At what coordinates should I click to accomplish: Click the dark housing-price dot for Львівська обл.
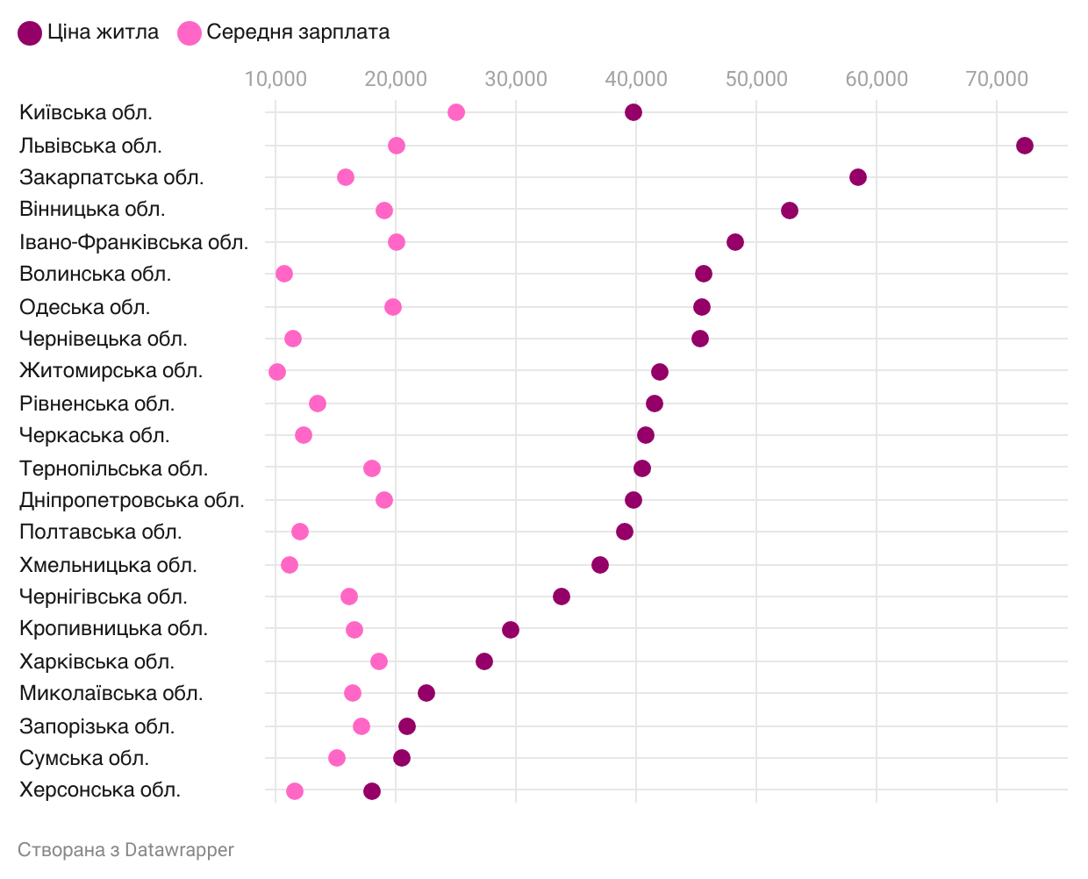pos(1024,146)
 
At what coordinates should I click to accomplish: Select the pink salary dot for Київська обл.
pos(456,112)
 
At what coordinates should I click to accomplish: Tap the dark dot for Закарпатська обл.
pos(858,177)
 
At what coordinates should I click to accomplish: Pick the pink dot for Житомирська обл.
pos(277,372)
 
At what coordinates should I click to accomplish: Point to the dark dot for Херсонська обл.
pos(372,791)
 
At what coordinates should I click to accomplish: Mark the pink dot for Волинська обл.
pos(284,274)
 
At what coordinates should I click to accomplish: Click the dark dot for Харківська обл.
pos(484,661)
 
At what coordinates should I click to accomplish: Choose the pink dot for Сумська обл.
pos(337,758)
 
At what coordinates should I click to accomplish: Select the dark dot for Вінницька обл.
pos(790,211)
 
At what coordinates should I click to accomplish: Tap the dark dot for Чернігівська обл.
pos(562,597)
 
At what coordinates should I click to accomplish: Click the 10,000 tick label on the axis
pos(276,79)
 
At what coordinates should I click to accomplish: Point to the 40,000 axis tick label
pos(636,79)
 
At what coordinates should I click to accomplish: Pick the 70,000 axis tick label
pos(997,79)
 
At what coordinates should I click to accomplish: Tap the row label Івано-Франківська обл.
pos(133,242)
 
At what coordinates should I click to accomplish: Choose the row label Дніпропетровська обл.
pos(132,500)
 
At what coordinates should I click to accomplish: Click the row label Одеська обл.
pos(85,307)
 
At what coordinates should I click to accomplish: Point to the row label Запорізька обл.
pos(97,726)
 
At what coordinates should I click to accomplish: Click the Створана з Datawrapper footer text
pos(125,849)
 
